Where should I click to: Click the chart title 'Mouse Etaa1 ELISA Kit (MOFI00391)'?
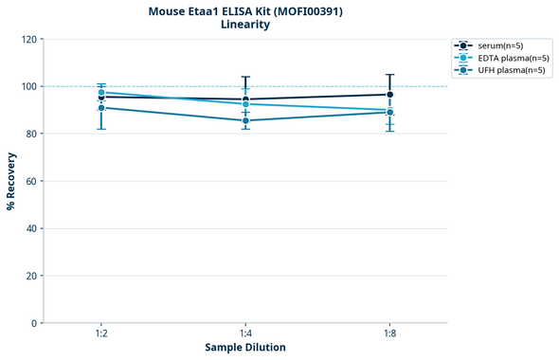click(x=244, y=11)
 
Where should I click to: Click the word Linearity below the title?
click(x=244, y=25)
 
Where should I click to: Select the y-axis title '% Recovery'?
click(x=11, y=181)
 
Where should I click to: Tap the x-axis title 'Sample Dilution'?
click(x=245, y=348)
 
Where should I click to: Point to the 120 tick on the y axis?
click(x=29, y=39)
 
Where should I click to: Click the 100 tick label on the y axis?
click(x=29, y=86)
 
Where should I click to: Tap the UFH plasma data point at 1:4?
click(x=245, y=120)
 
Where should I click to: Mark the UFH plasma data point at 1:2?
click(x=101, y=108)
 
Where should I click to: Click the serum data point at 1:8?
click(x=389, y=95)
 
